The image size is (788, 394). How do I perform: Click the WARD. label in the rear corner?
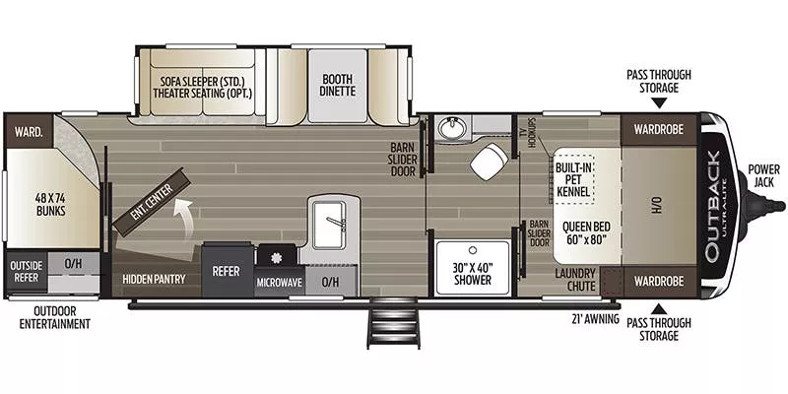(28, 131)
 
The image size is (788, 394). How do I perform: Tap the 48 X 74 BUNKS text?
(50, 203)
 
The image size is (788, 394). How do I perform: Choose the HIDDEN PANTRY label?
(154, 279)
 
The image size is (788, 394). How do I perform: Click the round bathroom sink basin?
(453, 129)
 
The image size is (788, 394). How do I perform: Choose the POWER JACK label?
(763, 175)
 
